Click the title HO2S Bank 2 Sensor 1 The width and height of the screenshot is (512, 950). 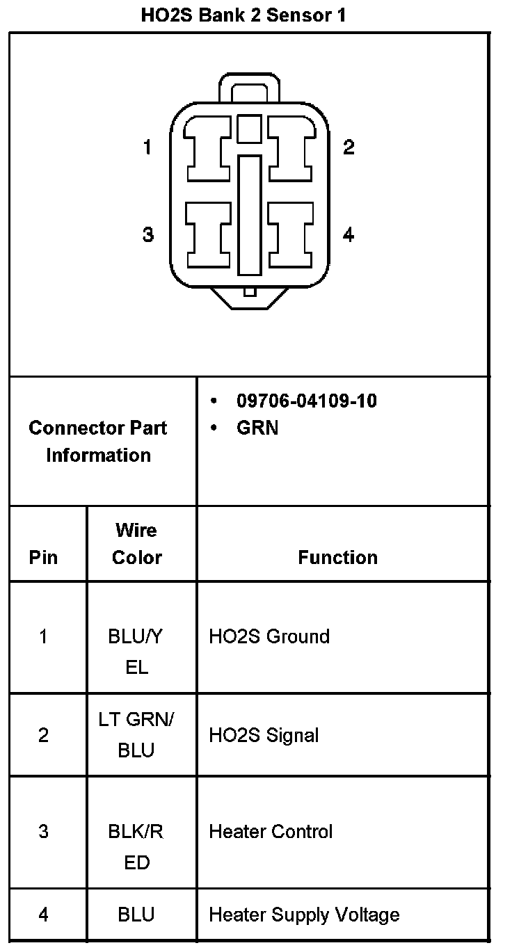(243, 15)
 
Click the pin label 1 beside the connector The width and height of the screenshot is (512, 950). (147, 147)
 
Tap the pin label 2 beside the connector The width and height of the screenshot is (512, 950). (349, 147)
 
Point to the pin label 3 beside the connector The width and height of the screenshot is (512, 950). (147, 235)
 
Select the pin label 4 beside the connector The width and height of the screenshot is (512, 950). (349, 235)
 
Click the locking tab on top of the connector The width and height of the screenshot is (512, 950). (250, 89)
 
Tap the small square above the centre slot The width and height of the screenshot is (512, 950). (249, 129)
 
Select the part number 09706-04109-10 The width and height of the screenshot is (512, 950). (307, 401)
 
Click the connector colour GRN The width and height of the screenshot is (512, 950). (257, 428)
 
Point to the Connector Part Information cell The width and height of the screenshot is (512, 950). (98, 442)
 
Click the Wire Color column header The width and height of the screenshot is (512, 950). (137, 544)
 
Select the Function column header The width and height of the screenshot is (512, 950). (338, 557)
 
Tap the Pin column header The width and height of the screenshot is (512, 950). (43, 557)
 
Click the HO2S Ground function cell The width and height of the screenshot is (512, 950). (269, 636)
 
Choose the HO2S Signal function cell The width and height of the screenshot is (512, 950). (264, 735)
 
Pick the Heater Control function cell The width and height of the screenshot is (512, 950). (271, 832)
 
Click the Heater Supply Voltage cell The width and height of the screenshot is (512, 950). (304, 915)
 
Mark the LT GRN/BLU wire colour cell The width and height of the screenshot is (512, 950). (136, 735)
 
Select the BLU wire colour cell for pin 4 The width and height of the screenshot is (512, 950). (136, 915)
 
